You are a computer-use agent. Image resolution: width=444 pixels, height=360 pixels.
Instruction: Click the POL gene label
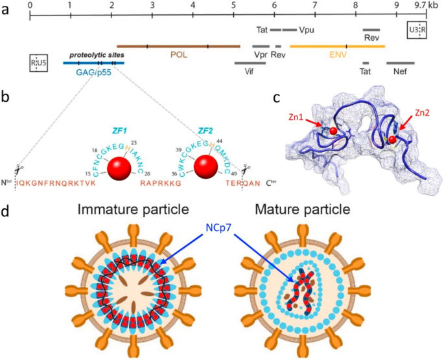tap(180, 54)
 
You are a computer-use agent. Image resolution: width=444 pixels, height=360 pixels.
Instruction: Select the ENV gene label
tap(337, 54)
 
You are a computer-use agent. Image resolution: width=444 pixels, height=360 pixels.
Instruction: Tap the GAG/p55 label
tap(95, 73)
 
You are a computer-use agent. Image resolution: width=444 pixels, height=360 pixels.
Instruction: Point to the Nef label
tap(400, 73)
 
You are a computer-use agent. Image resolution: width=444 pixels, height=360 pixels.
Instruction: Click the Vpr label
tap(261, 54)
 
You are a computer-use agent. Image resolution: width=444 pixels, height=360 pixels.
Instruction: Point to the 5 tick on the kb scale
tap(233, 5)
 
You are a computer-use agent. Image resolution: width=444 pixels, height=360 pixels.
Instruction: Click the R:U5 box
tap(38, 63)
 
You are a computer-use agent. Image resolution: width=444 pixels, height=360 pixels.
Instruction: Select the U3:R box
tap(416, 30)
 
